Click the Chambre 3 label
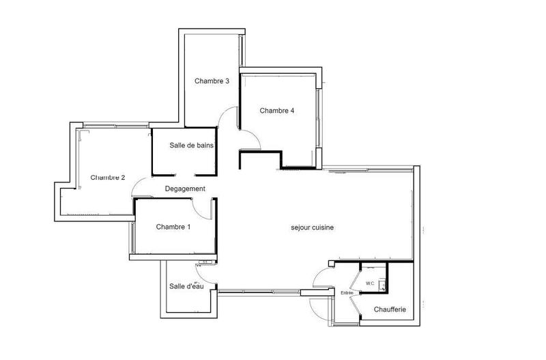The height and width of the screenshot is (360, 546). pos(212,81)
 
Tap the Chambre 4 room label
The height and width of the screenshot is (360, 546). pos(277,111)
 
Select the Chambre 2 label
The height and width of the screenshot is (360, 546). pos(108,178)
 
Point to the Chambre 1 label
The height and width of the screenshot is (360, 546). pos(173,227)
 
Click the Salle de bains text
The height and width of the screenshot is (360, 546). pos(192,145)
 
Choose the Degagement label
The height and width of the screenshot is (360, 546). pos(185,189)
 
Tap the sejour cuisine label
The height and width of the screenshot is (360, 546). pos(313,228)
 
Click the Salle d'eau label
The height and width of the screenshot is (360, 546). pos(186,286)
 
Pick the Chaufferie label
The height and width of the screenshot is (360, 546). pos(390,309)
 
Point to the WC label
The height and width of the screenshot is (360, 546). pos(370,283)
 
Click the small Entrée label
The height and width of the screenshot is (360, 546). pos(347,292)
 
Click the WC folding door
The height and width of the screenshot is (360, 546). pos(356,279)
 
